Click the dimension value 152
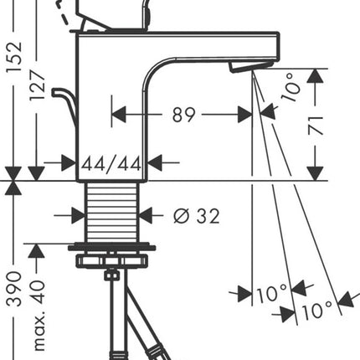(14, 57)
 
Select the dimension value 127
(38, 85)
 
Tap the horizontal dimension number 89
(183, 115)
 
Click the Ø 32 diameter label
(197, 216)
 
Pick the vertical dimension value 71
(316, 126)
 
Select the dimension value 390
(14, 290)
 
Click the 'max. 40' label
(39, 316)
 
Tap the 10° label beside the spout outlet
(291, 87)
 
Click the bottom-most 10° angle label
(317, 311)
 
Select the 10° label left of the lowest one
(272, 294)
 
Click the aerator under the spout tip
(250, 67)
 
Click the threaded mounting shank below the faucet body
(112, 213)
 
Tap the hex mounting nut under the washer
(111, 260)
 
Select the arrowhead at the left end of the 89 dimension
(119, 115)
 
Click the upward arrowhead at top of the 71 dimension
(316, 76)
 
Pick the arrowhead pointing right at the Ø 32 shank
(79, 215)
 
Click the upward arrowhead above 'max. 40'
(36, 251)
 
